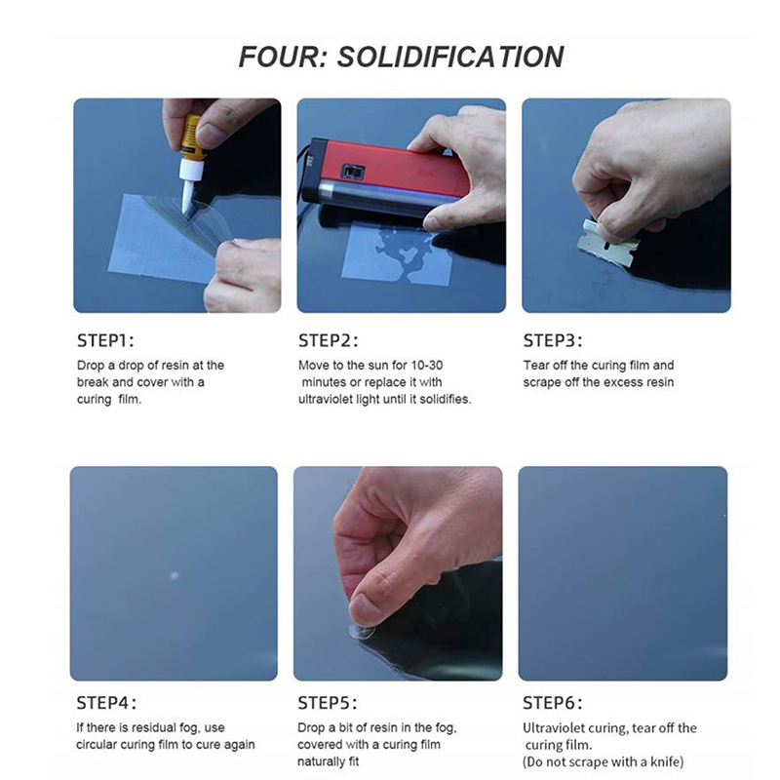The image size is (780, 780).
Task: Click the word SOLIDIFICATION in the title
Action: [450, 57]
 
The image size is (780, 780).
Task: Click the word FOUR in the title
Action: [282, 57]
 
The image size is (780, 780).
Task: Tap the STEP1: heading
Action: [105, 340]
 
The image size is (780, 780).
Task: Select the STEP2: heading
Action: [328, 340]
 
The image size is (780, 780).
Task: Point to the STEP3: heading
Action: [552, 340]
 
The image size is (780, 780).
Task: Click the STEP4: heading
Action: [106, 703]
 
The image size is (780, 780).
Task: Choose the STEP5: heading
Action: [328, 703]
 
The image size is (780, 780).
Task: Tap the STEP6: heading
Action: [552, 703]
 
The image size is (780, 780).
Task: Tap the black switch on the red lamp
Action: [352, 173]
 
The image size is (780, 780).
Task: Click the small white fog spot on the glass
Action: [175, 575]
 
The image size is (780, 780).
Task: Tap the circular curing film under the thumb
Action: [362, 632]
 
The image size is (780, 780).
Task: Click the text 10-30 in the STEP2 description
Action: [427, 365]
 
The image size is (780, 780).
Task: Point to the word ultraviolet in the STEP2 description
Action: [326, 399]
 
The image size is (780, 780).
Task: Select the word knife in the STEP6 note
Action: [666, 761]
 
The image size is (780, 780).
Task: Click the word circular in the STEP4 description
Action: [100, 745]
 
